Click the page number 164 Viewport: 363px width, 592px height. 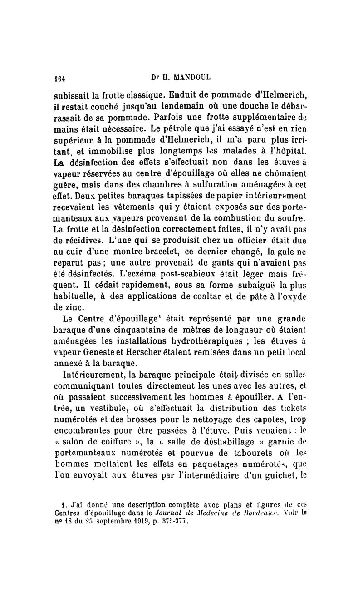[x=60, y=77]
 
